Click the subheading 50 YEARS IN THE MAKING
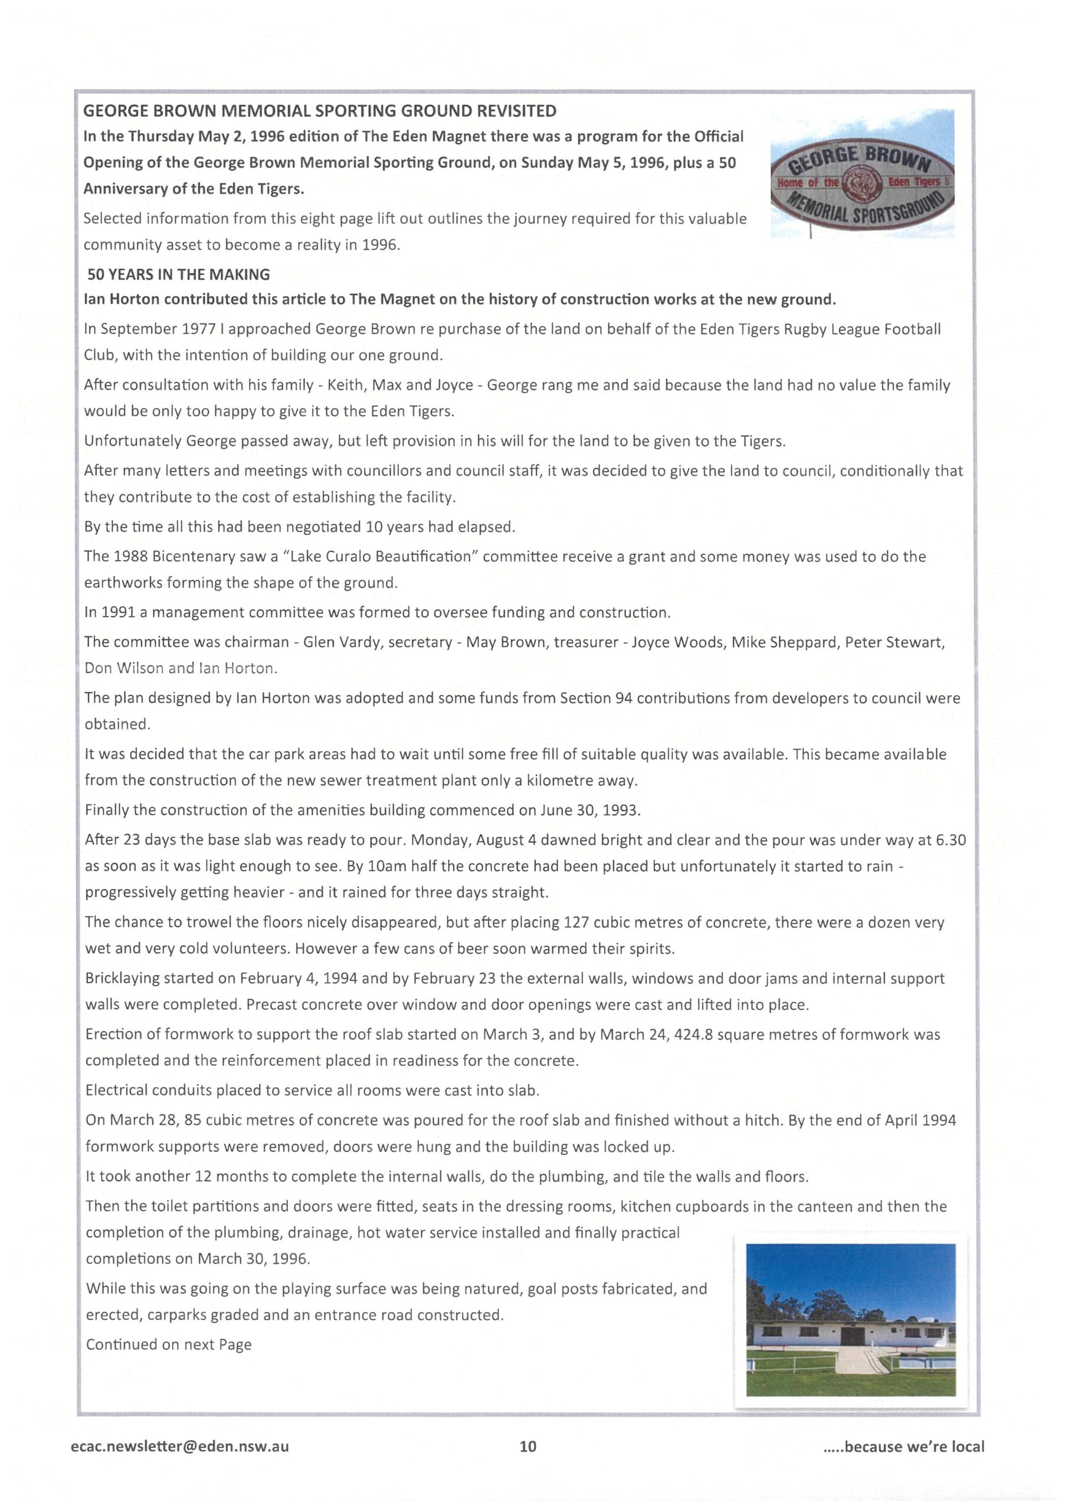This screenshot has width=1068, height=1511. coord(178,274)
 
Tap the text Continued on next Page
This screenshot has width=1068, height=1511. coord(168,1345)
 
